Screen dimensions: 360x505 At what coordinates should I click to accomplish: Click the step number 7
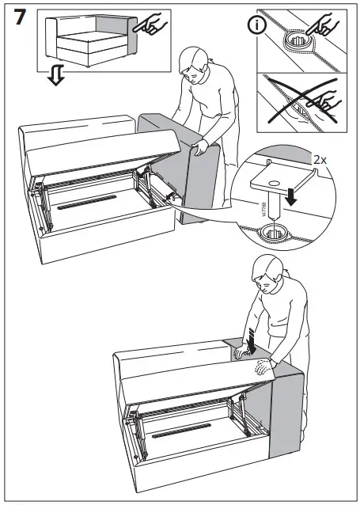click(x=19, y=17)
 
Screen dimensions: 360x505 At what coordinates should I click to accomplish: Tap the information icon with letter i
click(x=256, y=25)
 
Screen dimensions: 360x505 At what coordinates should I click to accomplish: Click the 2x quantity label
click(x=320, y=159)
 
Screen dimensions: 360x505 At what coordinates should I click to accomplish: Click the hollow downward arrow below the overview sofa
click(x=56, y=75)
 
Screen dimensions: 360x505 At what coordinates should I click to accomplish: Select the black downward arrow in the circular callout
click(x=292, y=196)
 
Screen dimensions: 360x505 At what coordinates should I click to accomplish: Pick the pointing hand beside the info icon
click(x=322, y=25)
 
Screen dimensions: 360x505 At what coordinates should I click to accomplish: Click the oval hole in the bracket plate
click(x=274, y=183)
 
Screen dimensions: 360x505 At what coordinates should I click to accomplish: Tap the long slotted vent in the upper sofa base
click(x=86, y=203)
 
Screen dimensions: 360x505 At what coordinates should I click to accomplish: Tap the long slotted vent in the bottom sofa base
click(x=181, y=431)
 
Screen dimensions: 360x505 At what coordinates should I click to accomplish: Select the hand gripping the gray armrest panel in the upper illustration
click(x=200, y=147)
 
